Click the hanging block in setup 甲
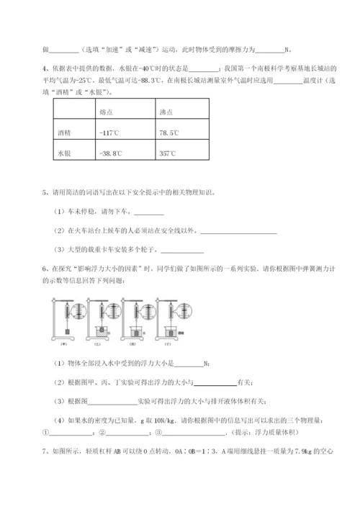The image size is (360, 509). [x=67, y=330]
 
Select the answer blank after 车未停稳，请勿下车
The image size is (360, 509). [x=149, y=212]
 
